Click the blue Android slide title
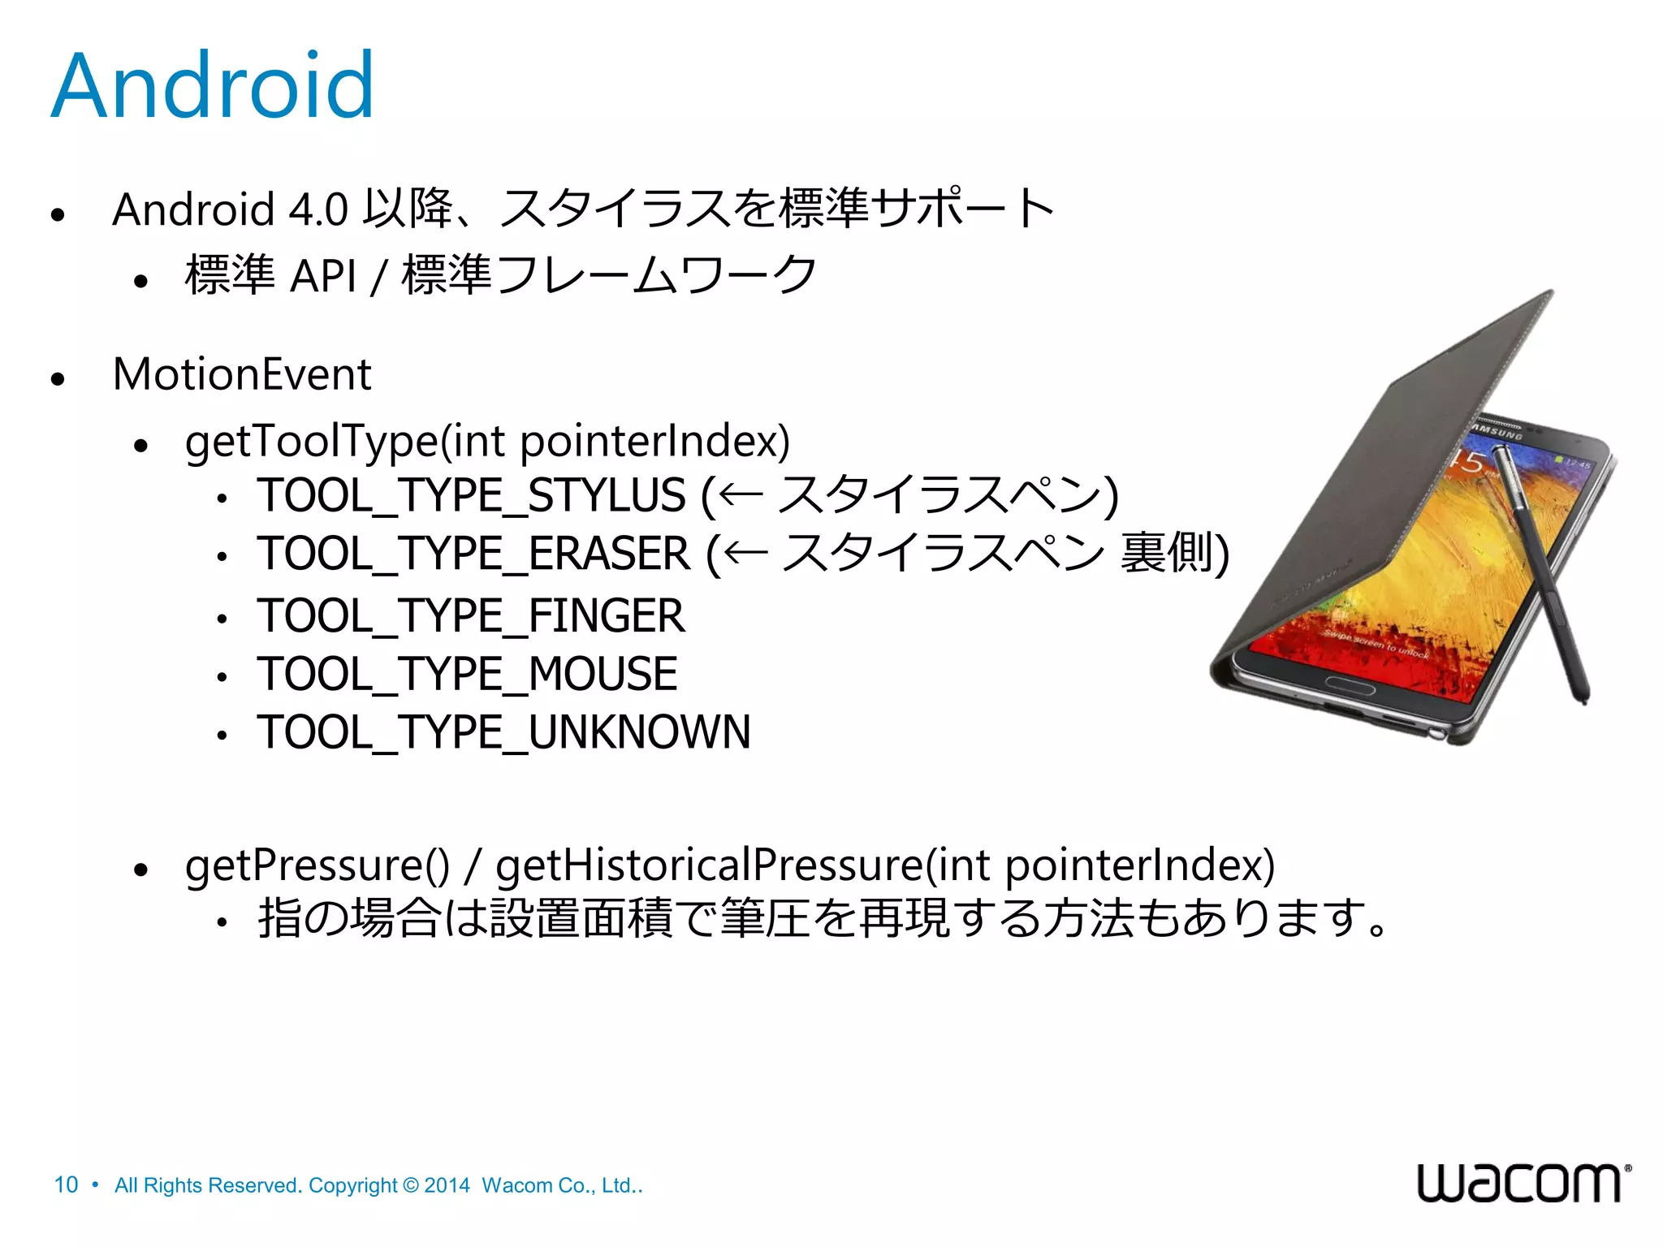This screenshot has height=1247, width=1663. point(213,86)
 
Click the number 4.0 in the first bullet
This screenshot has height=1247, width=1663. point(318,209)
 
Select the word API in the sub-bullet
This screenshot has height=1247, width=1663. point(323,275)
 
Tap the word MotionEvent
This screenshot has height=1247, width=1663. point(242,374)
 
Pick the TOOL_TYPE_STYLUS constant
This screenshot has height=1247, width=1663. point(471,495)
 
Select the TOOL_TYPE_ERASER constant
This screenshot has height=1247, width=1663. point(473,554)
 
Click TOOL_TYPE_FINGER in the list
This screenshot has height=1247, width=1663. point(471,615)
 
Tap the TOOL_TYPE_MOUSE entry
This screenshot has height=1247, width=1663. point(467,674)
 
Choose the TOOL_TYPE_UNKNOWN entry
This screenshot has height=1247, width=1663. point(503,732)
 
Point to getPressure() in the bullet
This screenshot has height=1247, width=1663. point(317,865)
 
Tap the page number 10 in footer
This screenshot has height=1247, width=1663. point(66,1185)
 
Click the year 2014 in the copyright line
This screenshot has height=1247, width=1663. point(447,1185)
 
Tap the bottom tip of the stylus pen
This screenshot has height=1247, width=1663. point(1583,699)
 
